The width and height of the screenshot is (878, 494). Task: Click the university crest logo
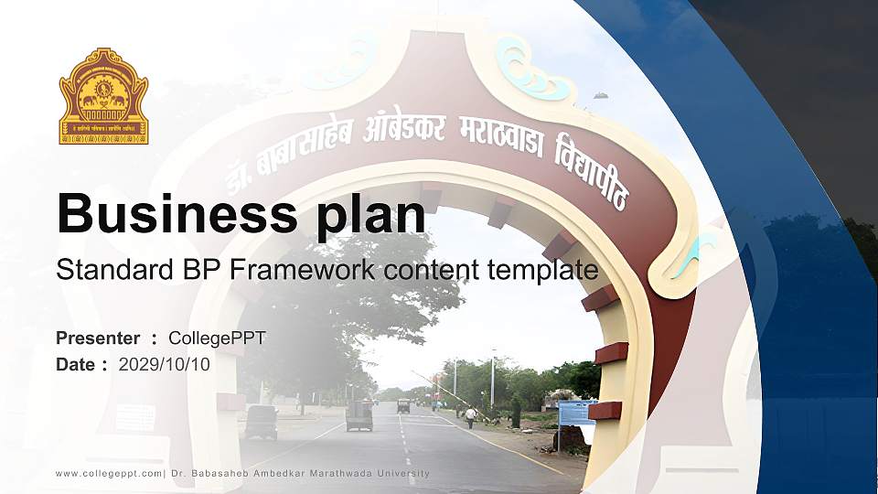(x=103, y=97)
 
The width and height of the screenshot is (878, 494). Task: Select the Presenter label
(x=98, y=338)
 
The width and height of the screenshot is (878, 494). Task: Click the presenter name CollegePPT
(x=217, y=338)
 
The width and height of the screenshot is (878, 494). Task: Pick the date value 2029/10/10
(x=165, y=364)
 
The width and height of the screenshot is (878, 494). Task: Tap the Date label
(x=76, y=364)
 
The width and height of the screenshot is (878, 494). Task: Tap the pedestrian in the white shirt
(x=470, y=417)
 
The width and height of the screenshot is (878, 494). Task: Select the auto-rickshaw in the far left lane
(x=262, y=421)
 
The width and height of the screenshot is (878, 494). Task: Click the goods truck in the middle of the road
(x=359, y=415)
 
